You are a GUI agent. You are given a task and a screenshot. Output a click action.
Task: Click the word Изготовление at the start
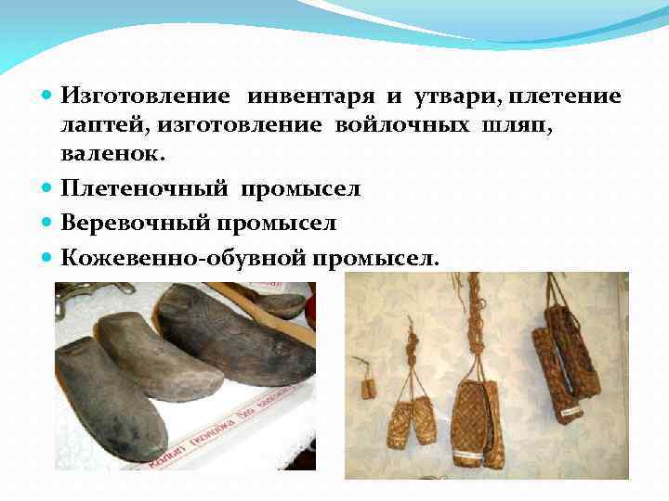147,96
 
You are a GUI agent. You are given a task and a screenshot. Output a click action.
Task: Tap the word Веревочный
137,224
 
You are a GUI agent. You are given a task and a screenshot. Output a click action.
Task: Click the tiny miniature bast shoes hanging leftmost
368,380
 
